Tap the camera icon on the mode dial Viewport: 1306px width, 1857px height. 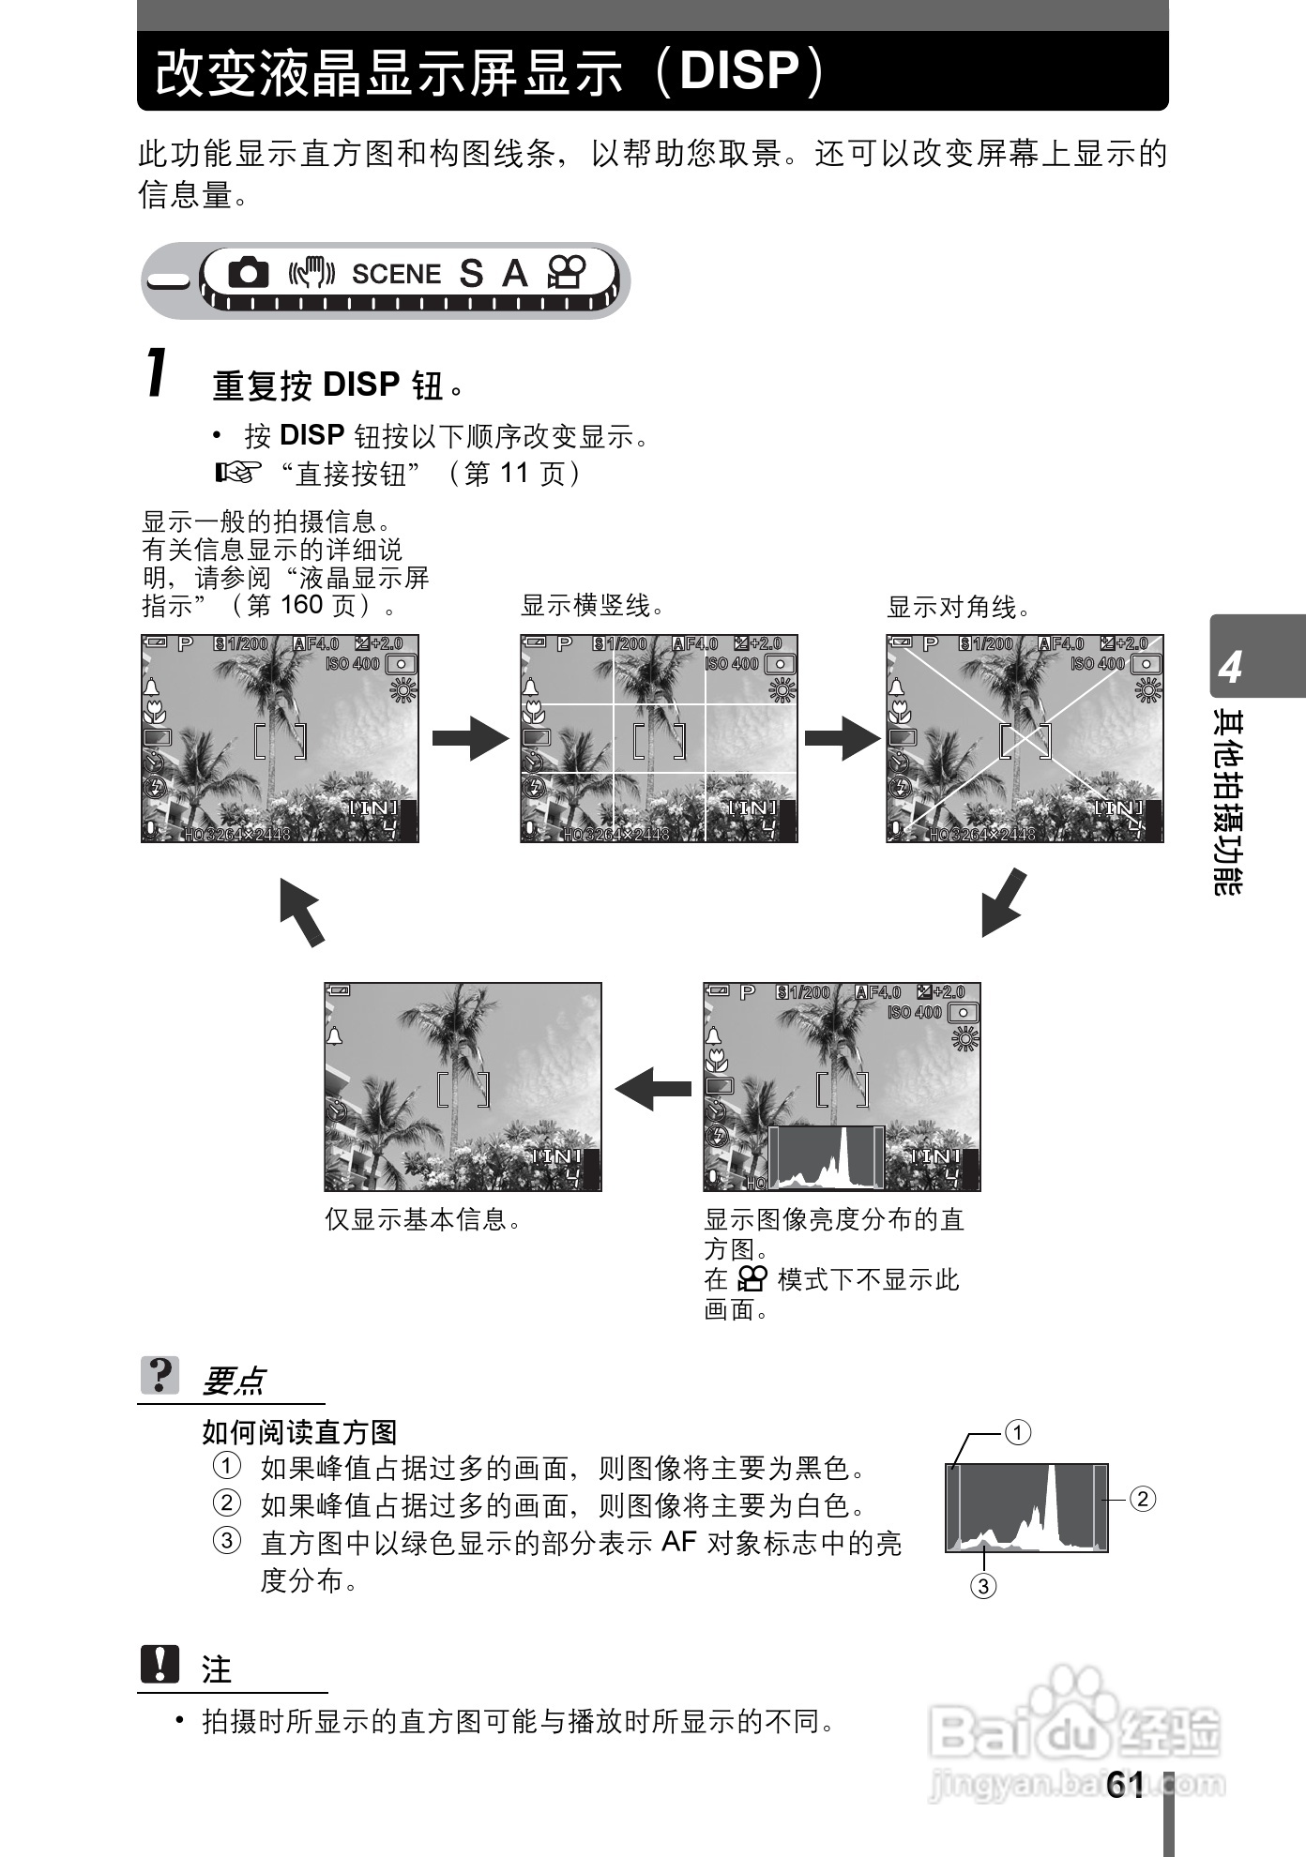coord(248,273)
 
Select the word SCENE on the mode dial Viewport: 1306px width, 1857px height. coord(396,274)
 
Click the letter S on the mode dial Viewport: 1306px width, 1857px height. coord(471,274)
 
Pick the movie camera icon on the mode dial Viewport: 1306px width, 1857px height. coord(567,273)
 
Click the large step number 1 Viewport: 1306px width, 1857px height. coord(158,373)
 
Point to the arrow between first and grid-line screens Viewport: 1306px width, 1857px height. coord(469,738)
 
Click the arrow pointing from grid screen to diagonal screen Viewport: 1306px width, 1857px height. coord(842,738)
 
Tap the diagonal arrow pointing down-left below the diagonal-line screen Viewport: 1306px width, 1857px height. coord(1003,903)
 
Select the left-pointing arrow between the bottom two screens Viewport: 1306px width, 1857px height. coord(653,1089)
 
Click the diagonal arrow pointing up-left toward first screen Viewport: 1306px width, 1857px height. coord(302,911)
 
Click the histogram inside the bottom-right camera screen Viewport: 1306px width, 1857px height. coord(827,1155)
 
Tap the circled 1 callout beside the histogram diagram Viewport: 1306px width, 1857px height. coord(1018,1432)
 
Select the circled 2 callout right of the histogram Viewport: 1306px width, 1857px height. coord(1142,1499)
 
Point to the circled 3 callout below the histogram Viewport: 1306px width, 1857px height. coord(982,1586)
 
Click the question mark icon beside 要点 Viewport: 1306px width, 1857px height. coord(160,1376)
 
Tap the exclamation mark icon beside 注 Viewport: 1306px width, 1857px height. coord(160,1665)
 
